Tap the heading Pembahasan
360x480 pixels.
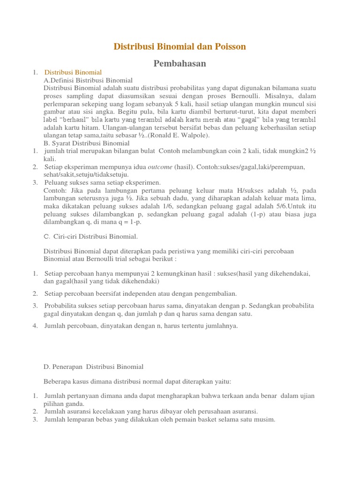pos(180,63)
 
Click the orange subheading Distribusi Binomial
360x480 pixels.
pos(73,72)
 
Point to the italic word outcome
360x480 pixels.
pos(160,167)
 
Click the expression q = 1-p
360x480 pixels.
pos(134,222)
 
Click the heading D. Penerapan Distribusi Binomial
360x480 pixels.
pos(93,367)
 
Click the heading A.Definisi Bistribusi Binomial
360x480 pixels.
pos(88,80)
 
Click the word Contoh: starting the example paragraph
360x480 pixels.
pos(55,190)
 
